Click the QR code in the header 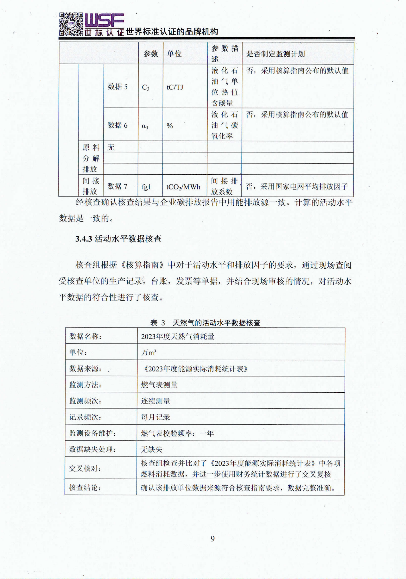click(x=71, y=24)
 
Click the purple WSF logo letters click(x=104, y=20)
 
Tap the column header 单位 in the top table click(x=174, y=54)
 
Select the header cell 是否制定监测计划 click(x=275, y=54)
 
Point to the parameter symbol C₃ click(x=146, y=88)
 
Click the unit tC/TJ click(x=175, y=87)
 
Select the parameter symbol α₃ click(x=145, y=126)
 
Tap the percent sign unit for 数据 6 click(x=170, y=126)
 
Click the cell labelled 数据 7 click(x=117, y=186)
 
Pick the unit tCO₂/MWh click(x=183, y=187)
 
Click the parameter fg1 click(x=146, y=187)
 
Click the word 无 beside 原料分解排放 click(x=111, y=147)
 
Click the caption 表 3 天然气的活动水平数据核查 click(x=205, y=323)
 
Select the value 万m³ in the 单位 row click(x=149, y=352)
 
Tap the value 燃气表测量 click(x=159, y=385)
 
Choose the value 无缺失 click(x=152, y=449)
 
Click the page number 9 click(x=212, y=539)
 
